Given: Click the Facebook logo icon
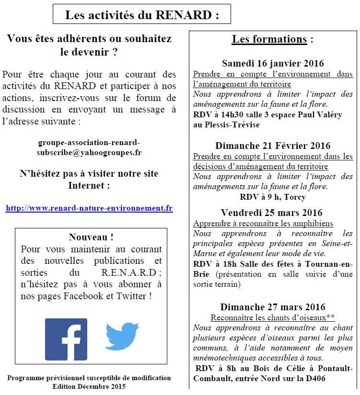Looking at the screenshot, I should tap(66, 339).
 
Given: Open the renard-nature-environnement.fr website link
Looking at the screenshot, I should tap(89, 208).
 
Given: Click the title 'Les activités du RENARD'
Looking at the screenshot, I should tap(142, 15).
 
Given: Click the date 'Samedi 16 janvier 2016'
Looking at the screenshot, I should tap(273, 63).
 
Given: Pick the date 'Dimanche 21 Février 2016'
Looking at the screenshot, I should tap(273, 146).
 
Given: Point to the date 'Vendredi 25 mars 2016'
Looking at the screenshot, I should tap(272, 213).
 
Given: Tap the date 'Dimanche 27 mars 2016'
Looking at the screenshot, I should tap(273, 307).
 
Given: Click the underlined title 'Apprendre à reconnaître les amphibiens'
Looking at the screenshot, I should tap(263, 223).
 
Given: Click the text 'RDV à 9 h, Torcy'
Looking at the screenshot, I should tap(272, 197).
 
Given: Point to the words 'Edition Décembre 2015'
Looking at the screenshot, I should tap(89, 386).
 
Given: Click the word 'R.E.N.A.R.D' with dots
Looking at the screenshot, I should tap(128, 273).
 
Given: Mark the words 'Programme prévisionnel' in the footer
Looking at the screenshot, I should tap(42, 378).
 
